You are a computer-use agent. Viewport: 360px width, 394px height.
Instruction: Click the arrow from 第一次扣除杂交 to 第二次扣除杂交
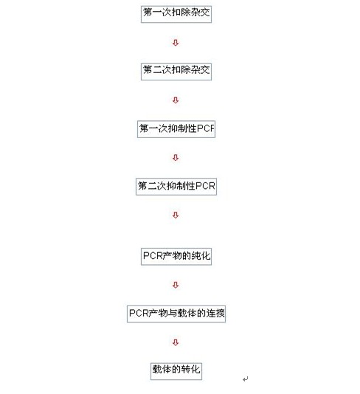point(176,43)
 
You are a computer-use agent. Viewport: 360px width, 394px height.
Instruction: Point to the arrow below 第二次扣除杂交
point(176,100)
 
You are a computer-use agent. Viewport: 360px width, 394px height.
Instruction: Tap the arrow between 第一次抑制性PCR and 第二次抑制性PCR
point(176,158)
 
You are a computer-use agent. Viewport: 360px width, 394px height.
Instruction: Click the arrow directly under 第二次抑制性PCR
point(176,215)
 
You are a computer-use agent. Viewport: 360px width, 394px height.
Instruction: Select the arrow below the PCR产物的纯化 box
point(176,285)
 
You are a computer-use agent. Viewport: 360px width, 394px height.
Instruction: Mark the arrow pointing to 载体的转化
point(176,342)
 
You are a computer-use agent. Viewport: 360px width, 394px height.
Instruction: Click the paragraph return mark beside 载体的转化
point(246,379)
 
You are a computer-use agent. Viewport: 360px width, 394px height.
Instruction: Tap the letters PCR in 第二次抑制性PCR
point(205,186)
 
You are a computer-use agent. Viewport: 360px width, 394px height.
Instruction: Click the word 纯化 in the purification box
point(201,256)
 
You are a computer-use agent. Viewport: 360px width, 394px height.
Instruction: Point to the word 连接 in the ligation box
point(215,313)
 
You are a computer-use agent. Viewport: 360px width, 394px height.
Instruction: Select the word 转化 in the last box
point(190,370)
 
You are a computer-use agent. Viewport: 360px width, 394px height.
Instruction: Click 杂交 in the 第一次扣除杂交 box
point(201,13)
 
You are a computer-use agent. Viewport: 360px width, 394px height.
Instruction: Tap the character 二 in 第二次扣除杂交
point(157,70)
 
